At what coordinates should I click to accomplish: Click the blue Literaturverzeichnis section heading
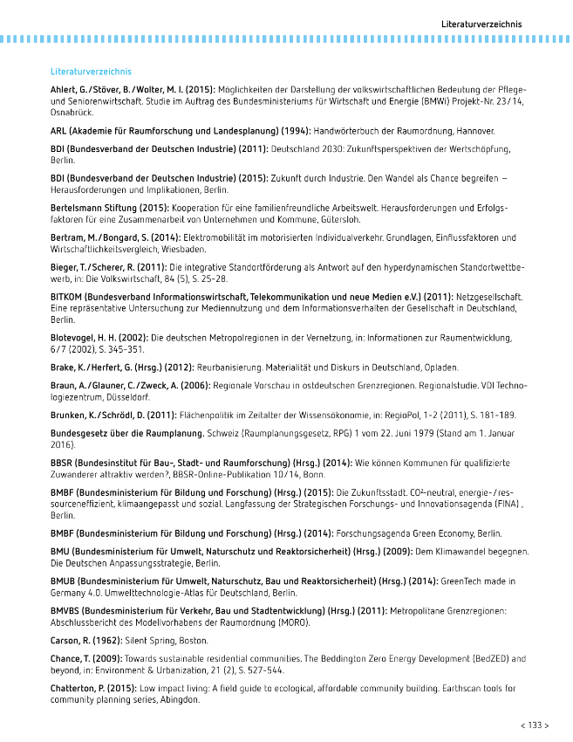click(91, 71)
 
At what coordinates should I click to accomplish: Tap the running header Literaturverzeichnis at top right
click(481, 22)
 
